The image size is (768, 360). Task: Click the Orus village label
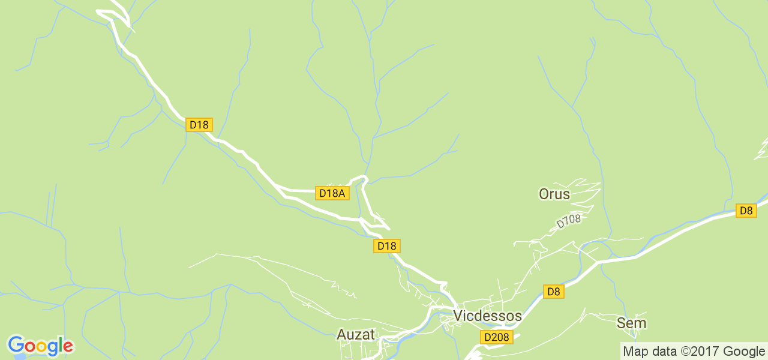pyautogui.click(x=554, y=194)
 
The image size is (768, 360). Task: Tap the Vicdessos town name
pyautogui.click(x=487, y=316)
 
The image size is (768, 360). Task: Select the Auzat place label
pyautogui.click(x=356, y=335)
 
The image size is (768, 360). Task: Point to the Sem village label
pyautogui.click(x=632, y=323)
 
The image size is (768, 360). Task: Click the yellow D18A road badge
pyautogui.click(x=332, y=193)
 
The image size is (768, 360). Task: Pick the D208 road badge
pyautogui.click(x=496, y=337)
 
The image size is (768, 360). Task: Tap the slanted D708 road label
pyautogui.click(x=569, y=221)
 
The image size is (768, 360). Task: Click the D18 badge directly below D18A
pyautogui.click(x=386, y=245)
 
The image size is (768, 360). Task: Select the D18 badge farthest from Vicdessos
pyautogui.click(x=199, y=125)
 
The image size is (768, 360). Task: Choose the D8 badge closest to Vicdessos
pyautogui.click(x=554, y=292)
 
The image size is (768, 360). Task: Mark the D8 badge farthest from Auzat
pyautogui.click(x=746, y=211)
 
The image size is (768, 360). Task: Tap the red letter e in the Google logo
pyautogui.click(x=67, y=346)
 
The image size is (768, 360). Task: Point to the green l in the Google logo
pyautogui.click(x=59, y=344)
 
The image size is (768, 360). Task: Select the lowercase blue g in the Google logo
pyautogui.click(x=50, y=348)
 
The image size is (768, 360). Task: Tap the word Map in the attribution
pyautogui.click(x=635, y=352)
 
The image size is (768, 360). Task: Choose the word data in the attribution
pyautogui.click(x=662, y=352)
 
